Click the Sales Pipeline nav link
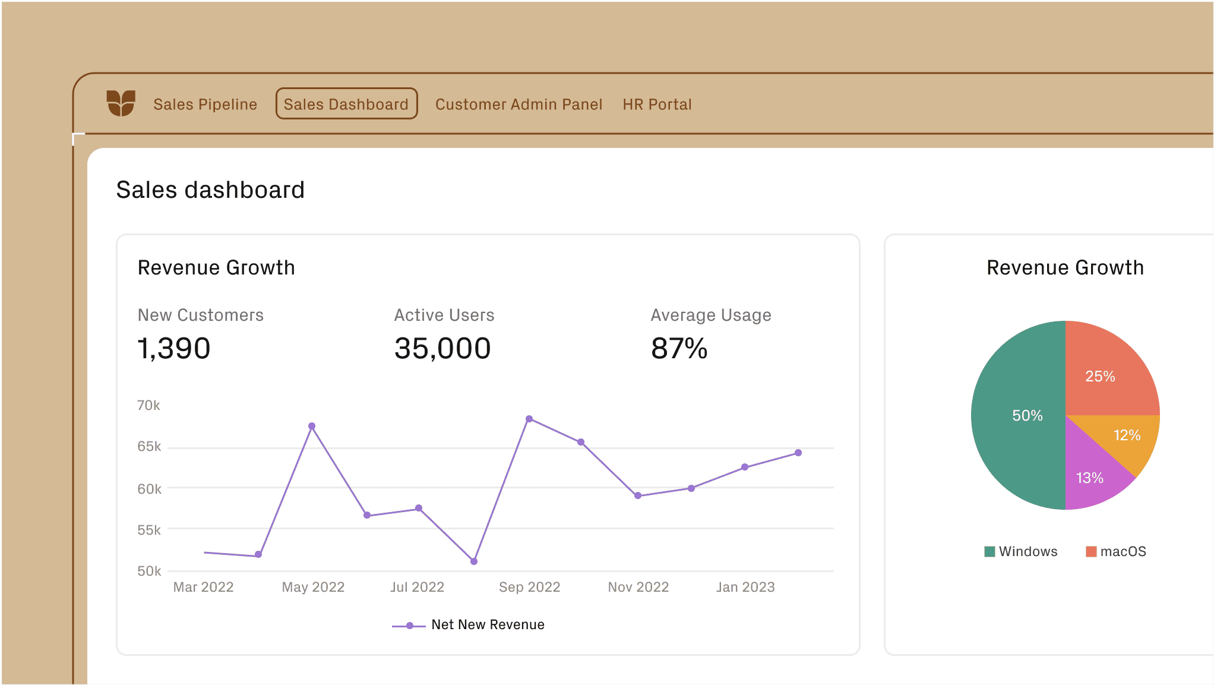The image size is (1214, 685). pos(205,105)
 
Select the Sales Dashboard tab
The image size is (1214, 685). pos(346,104)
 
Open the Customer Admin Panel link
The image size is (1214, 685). pos(519,105)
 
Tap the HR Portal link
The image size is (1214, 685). pos(657,105)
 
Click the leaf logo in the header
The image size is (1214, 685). pos(121,103)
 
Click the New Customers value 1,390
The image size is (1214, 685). pos(174,348)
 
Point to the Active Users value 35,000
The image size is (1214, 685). pos(442,348)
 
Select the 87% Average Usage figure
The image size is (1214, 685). pos(679,348)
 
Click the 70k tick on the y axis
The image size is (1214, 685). pos(148,405)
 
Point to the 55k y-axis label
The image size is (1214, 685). pos(149,530)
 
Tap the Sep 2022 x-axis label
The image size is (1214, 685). pos(529,587)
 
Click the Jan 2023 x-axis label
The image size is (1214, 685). pos(745,587)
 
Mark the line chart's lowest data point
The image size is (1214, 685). pos(474,561)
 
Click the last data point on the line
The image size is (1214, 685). pos(798,453)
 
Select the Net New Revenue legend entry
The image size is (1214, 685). pos(469,625)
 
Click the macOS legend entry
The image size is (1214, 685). pos(1116,551)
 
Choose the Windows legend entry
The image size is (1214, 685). pos(1021,551)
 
